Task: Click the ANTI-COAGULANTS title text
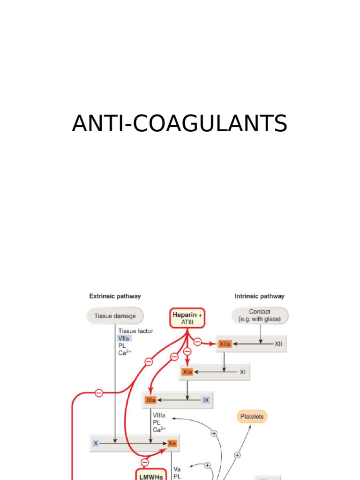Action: (180, 124)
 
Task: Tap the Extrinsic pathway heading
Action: (115, 296)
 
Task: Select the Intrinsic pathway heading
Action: (259, 296)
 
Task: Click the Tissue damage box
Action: (115, 316)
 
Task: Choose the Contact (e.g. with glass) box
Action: (260, 315)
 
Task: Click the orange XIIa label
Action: (225, 344)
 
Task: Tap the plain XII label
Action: (278, 344)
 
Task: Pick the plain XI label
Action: (242, 372)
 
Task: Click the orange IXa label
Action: (150, 400)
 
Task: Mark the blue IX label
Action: (206, 400)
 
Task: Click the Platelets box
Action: (252, 416)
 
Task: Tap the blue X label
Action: (96, 443)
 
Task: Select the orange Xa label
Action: (172, 443)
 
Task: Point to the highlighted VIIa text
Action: (124, 338)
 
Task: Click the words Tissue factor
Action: (135, 331)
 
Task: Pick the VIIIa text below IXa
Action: (159, 415)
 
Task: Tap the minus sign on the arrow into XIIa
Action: (197, 342)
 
